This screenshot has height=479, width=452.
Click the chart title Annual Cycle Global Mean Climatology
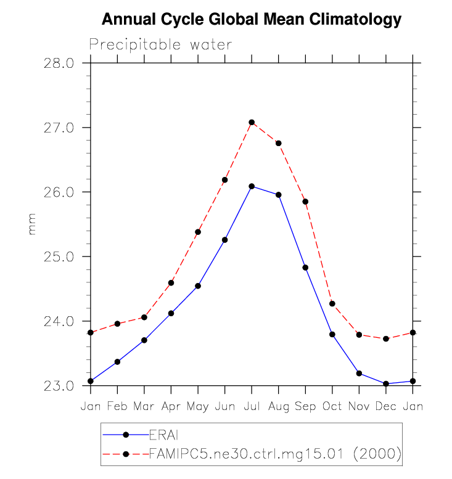click(x=251, y=20)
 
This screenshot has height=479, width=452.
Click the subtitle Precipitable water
click(x=160, y=45)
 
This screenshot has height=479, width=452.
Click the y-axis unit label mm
click(x=32, y=224)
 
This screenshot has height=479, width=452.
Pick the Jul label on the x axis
click(x=252, y=406)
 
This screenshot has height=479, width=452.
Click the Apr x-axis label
click(x=171, y=406)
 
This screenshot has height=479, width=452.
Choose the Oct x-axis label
click(x=332, y=406)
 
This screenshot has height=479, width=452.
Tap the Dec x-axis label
click(x=386, y=406)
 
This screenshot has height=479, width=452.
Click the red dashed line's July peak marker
click(x=252, y=122)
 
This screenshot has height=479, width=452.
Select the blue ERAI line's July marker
click(x=252, y=186)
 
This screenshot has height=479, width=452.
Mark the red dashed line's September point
click(x=305, y=202)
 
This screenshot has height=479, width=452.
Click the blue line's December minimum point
click(x=386, y=384)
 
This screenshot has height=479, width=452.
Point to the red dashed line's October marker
click(x=332, y=303)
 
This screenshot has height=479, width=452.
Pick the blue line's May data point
click(x=198, y=286)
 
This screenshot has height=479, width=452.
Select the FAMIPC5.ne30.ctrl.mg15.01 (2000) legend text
click(x=276, y=454)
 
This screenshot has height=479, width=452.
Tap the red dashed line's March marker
click(x=144, y=317)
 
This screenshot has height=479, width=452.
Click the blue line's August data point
click(x=279, y=195)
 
